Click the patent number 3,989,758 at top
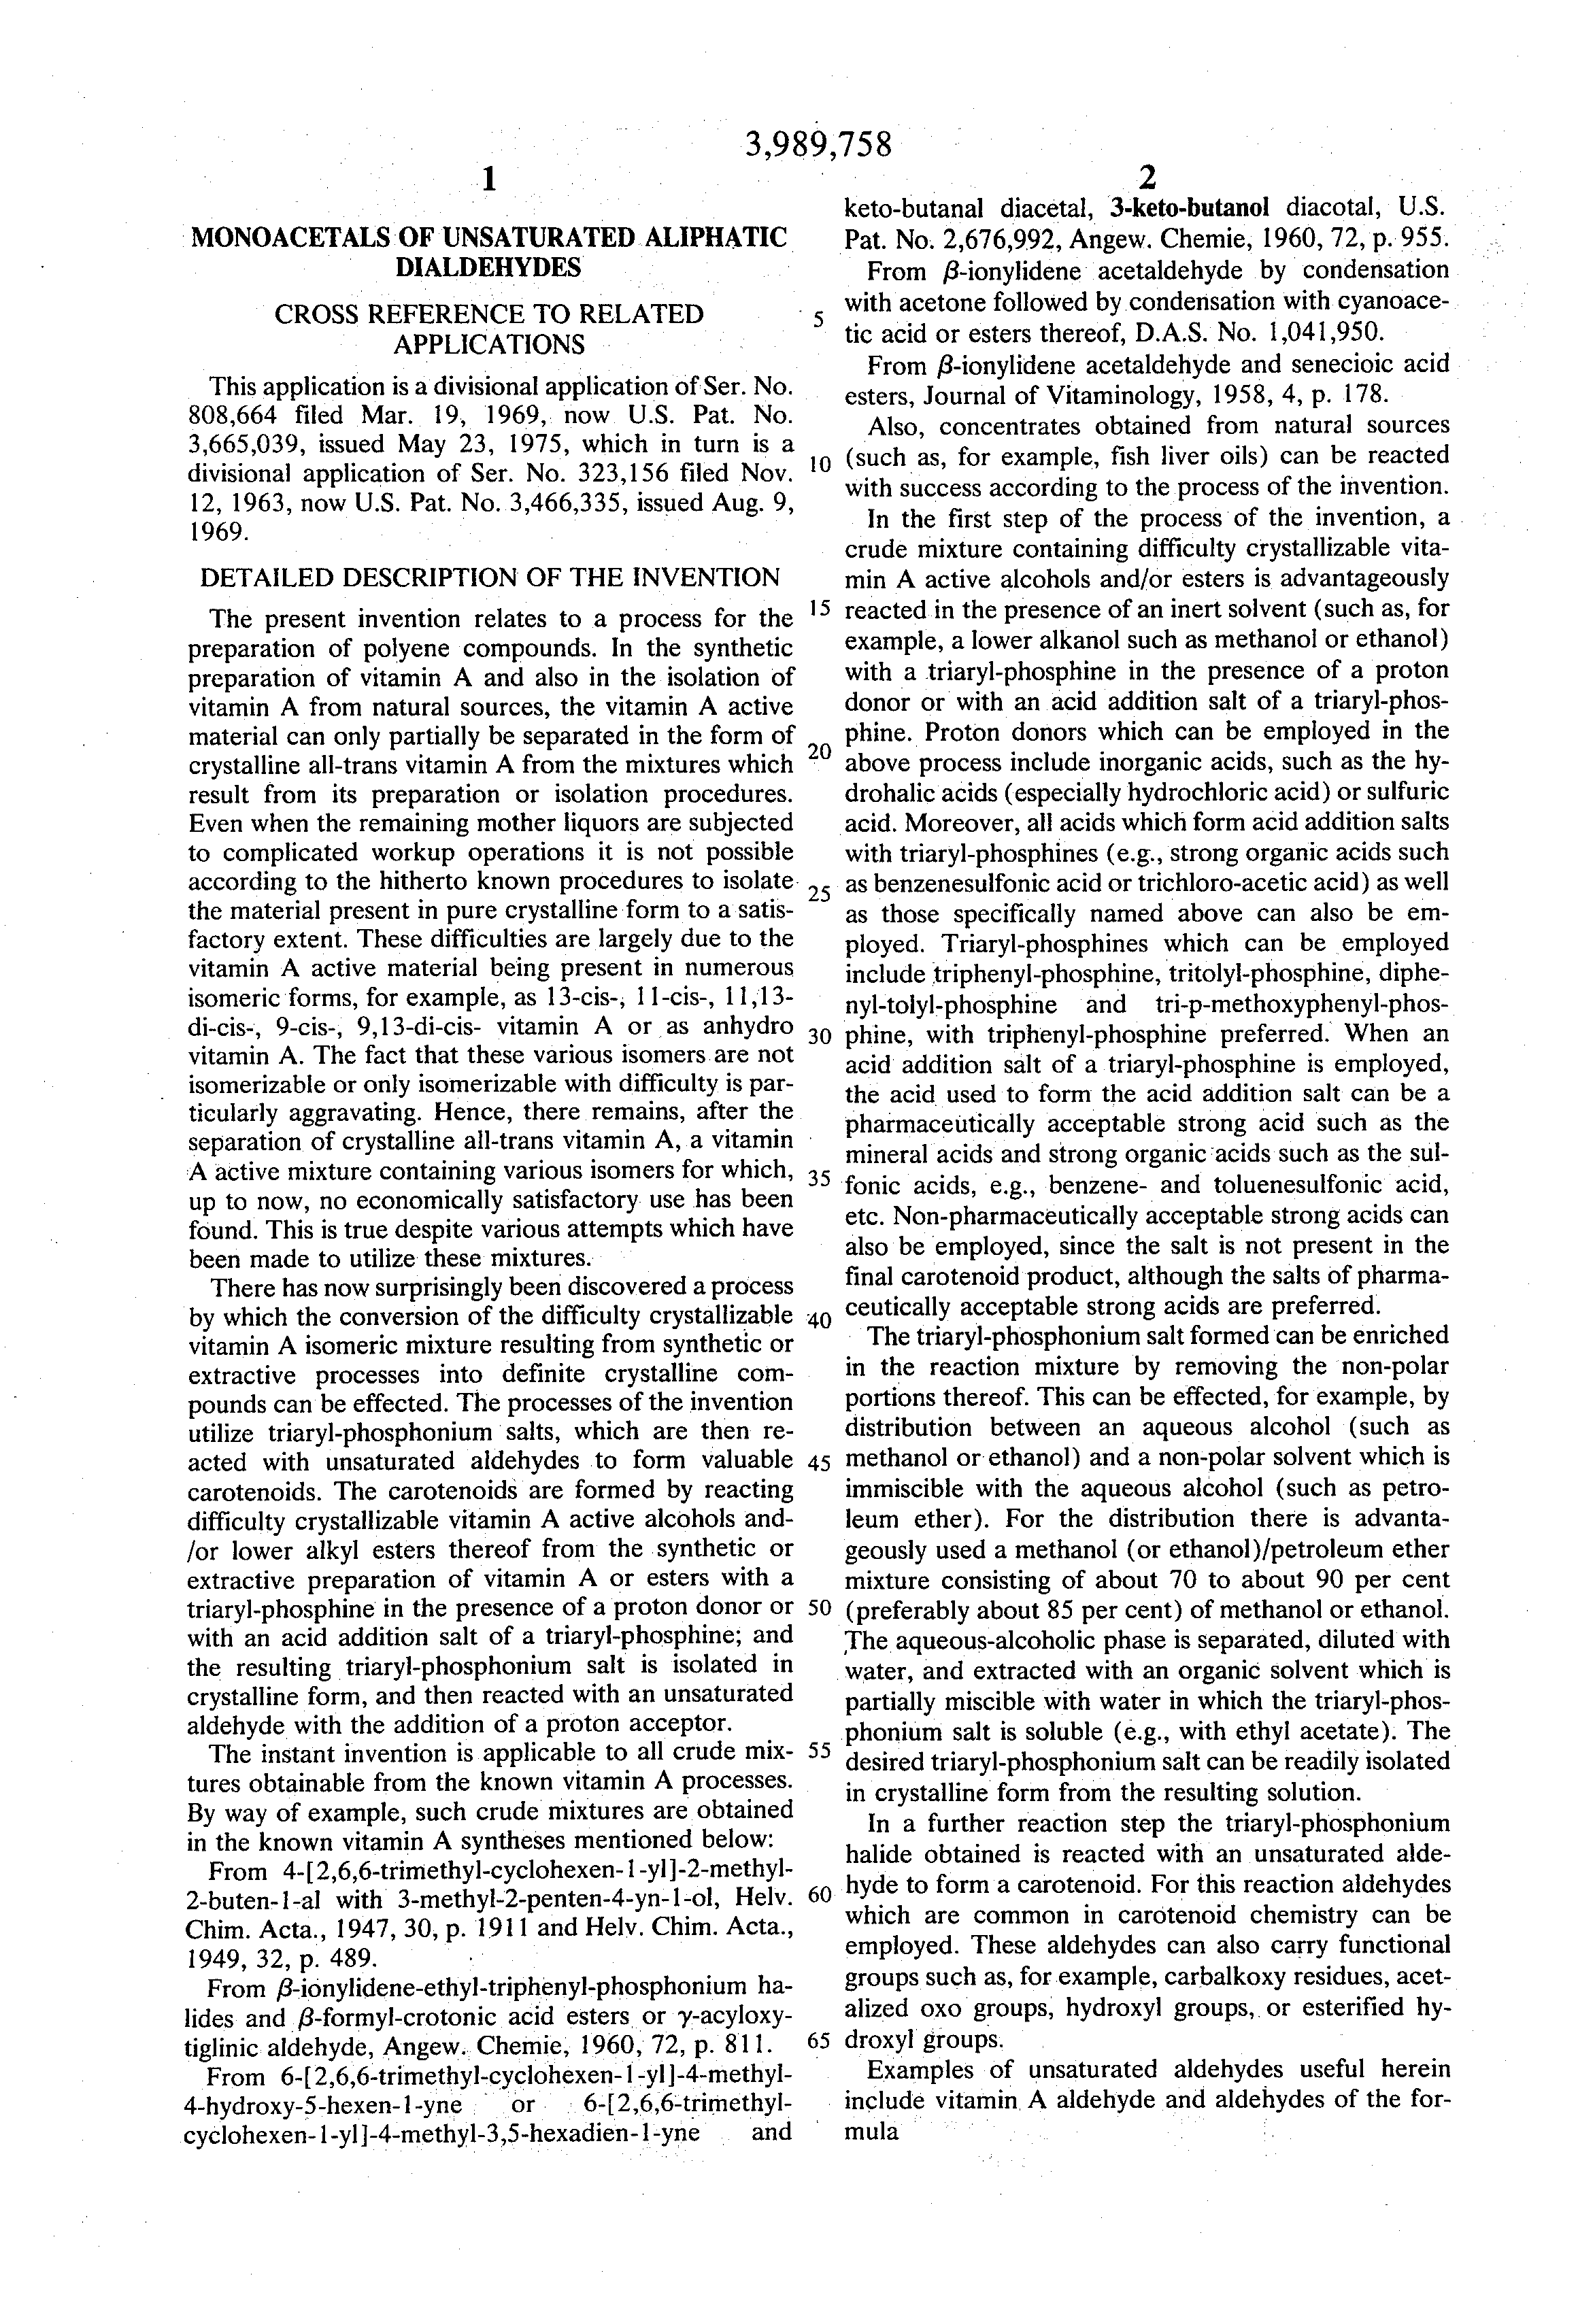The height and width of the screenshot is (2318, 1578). click(x=817, y=146)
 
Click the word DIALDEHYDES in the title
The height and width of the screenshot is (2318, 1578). click(x=489, y=267)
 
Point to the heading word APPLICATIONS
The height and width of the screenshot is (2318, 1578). click(x=489, y=344)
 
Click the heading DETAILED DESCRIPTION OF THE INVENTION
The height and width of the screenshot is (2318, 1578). click(x=489, y=577)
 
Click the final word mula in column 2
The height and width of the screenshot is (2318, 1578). click(x=872, y=2132)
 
